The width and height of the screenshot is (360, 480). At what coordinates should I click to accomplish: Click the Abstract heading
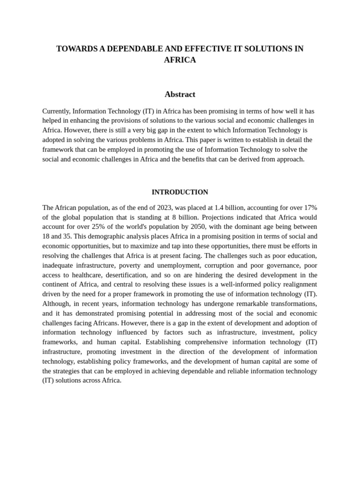coord(180,94)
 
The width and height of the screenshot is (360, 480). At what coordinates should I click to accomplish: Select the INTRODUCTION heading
coord(180,192)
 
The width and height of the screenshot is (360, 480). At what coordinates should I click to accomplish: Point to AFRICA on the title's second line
coord(180,60)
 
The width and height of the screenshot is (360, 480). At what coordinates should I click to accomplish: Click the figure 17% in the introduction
coord(309,208)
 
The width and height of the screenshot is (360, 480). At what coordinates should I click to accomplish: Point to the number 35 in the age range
coord(67,236)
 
